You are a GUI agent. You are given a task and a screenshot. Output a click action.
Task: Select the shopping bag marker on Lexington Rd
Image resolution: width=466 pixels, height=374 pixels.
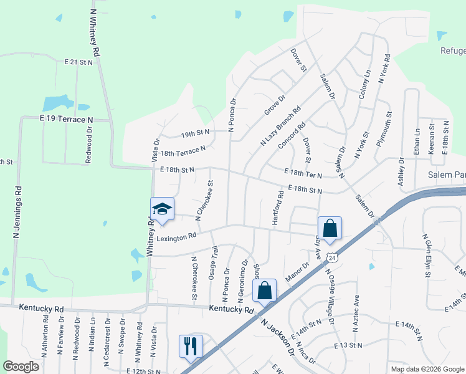tap(330, 228)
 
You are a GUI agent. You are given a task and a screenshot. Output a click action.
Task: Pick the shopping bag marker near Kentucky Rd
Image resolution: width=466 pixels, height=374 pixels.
tap(265, 290)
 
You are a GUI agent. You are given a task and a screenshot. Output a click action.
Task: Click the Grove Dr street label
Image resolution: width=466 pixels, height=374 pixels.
tap(274, 104)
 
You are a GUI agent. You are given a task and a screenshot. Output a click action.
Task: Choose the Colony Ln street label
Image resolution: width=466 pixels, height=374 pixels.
tap(364, 85)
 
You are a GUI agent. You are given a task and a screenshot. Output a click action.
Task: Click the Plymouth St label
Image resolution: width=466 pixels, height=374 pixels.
tap(384, 129)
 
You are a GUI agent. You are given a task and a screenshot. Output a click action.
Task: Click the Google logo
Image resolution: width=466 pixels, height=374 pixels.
tap(21, 367)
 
